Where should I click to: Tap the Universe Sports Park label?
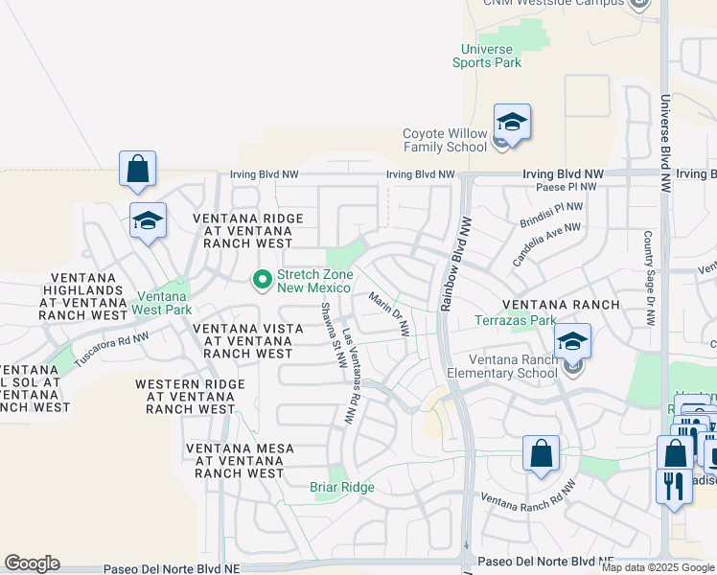pyautogui.click(x=487, y=56)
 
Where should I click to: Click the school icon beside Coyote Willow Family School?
pyautogui.click(x=512, y=124)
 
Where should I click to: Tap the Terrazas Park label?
pyautogui.click(x=517, y=320)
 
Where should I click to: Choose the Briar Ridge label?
pyautogui.click(x=342, y=487)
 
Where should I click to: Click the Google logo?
pyautogui.click(x=32, y=563)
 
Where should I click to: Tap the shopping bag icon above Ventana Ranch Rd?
pyautogui.click(x=541, y=454)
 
